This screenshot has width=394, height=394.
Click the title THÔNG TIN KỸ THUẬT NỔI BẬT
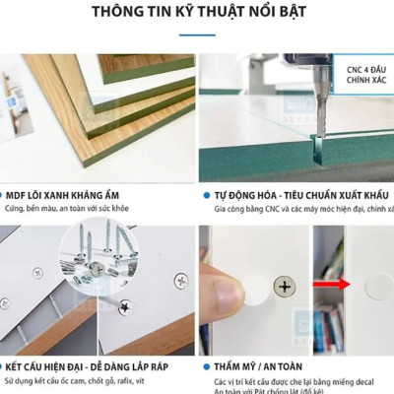(x=197, y=14)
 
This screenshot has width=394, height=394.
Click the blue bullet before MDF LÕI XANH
(x=6, y=195)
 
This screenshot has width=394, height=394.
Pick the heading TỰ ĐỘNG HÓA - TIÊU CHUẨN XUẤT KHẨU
(x=299, y=195)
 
